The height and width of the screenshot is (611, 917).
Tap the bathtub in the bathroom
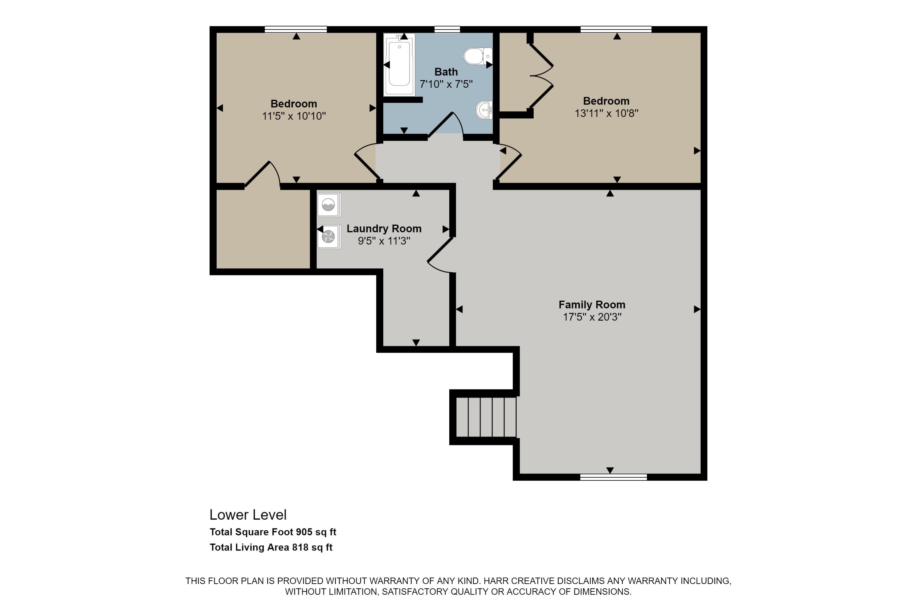(x=399, y=64)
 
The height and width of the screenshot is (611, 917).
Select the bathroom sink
(x=484, y=110)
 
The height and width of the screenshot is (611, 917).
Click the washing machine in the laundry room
(x=328, y=205)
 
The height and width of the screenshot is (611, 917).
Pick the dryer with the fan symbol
(x=328, y=236)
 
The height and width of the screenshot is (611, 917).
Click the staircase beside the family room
(x=486, y=417)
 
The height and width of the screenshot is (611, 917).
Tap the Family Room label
(x=592, y=304)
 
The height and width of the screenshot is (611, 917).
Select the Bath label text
(x=446, y=72)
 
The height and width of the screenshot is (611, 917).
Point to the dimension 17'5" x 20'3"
(x=592, y=317)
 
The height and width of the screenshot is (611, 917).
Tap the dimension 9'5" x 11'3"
(x=384, y=241)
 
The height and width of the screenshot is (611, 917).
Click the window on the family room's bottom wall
(x=613, y=477)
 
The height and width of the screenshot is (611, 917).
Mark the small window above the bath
(x=447, y=29)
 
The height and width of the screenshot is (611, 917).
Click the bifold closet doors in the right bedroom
(x=541, y=75)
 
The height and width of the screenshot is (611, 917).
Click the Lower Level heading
(x=248, y=515)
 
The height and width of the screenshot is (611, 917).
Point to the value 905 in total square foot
(x=304, y=532)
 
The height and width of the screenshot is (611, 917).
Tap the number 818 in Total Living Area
(x=300, y=547)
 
